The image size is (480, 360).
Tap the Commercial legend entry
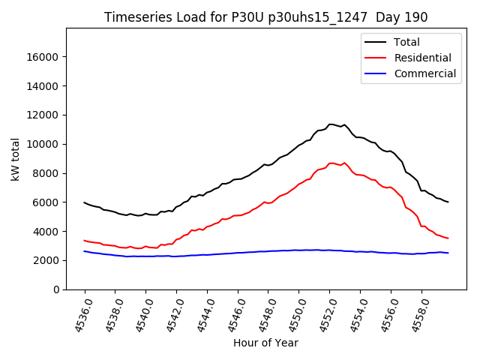click(x=424, y=73)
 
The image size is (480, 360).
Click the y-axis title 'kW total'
click(x=16, y=158)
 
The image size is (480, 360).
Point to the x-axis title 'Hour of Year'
click(x=265, y=343)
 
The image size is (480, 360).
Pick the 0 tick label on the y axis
click(x=56, y=289)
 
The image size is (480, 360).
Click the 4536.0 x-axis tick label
click(x=76, y=315)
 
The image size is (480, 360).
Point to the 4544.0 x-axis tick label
click(x=198, y=315)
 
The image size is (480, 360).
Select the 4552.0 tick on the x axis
click(x=321, y=315)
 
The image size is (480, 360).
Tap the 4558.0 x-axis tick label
click(x=412, y=315)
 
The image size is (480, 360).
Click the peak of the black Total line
click(x=330, y=124)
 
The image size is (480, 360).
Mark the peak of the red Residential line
click(x=331, y=163)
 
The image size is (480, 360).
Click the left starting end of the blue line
click(x=85, y=251)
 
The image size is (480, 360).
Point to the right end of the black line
click(x=448, y=202)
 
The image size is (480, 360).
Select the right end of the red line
click(x=448, y=238)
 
